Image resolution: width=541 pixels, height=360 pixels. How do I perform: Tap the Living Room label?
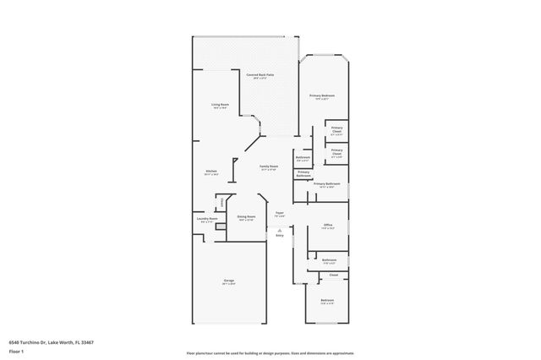coord(221,106)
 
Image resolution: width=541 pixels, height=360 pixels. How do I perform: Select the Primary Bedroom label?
coord(322,96)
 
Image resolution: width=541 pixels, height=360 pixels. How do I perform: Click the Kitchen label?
coord(211,172)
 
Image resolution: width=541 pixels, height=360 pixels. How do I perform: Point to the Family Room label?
coord(269,167)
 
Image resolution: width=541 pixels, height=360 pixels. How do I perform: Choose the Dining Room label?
coord(246,217)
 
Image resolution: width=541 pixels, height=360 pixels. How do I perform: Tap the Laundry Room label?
coord(208,219)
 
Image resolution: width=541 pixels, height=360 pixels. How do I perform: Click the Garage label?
coord(228,281)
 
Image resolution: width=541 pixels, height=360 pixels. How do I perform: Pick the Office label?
coord(328,225)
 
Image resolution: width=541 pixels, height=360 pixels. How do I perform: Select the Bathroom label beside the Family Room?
coord(303,158)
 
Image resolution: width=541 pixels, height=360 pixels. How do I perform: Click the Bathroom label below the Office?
coord(329,260)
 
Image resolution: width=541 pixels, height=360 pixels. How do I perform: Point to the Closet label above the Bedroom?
coord(333,275)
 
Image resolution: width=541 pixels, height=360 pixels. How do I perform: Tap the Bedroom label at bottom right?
coord(326,301)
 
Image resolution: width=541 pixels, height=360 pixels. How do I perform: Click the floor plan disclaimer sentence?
coord(270,352)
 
